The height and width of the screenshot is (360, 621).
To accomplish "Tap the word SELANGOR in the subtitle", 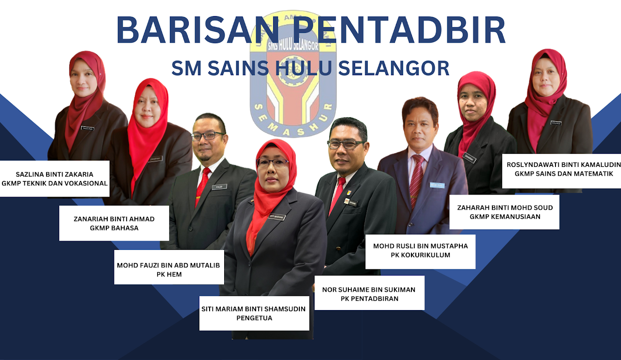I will [x=393, y=68].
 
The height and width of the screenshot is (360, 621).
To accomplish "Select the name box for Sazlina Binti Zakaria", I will [x=54, y=179].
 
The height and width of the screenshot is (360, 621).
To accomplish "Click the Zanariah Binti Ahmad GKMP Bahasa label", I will [x=114, y=223].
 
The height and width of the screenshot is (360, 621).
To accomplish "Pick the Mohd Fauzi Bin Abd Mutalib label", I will [x=169, y=267].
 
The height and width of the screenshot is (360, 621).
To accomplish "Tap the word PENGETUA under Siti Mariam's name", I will [x=254, y=318].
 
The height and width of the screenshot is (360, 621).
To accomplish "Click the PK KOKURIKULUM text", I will [x=420, y=255].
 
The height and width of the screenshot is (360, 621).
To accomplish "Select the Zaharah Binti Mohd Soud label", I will [x=505, y=212].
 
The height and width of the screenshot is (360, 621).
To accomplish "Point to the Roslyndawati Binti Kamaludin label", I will [x=561, y=168].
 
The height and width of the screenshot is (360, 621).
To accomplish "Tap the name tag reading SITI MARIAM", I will [x=276, y=217].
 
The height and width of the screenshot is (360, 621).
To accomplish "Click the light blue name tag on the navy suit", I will [x=437, y=185].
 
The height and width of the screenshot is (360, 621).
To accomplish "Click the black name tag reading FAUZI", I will [x=219, y=186].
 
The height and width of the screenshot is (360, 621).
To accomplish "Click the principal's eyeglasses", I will [x=273, y=163].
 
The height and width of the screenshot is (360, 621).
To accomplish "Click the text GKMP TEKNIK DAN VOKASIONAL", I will [x=54, y=183].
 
